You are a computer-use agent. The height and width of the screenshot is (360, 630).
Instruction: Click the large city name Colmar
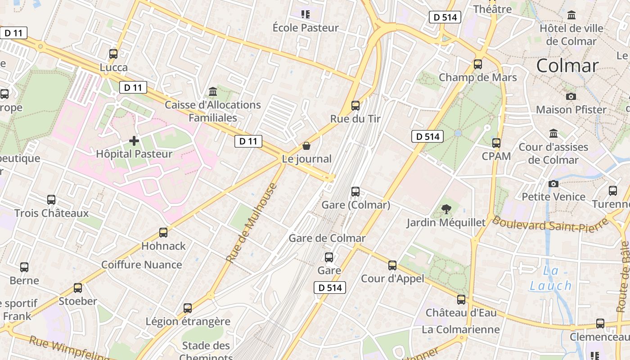tap(567, 66)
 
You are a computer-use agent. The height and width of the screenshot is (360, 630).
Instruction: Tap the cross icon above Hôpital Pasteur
tap(134, 141)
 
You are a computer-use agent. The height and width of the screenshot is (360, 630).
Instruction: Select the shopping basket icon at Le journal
tap(306, 146)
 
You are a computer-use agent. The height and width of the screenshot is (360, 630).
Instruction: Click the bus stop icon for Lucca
tap(113, 54)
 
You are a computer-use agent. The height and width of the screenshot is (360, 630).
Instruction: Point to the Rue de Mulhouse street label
tap(251, 223)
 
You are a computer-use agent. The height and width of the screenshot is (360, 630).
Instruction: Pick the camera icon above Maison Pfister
tap(571, 96)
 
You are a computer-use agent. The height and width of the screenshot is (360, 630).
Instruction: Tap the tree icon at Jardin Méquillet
tap(446, 209)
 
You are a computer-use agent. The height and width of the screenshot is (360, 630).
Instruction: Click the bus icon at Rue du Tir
tap(355, 106)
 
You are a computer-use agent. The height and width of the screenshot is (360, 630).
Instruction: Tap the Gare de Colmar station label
tap(327, 238)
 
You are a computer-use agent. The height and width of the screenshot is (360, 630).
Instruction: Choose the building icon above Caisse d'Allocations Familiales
tap(213, 92)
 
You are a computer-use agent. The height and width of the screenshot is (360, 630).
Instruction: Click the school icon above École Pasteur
tap(306, 14)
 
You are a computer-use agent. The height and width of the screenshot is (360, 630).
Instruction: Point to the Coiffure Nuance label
tap(142, 265)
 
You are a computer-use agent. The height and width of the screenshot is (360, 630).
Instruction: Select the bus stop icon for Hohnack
tap(163, 233)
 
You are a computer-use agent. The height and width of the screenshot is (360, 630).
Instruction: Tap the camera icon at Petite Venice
tap(553, 184)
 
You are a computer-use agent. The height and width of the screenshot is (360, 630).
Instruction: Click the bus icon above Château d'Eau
tap(461, 299)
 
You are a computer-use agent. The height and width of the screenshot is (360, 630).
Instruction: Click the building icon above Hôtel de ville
tap(571, 15)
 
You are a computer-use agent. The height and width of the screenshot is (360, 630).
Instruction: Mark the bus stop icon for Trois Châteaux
tap(51, 200)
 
